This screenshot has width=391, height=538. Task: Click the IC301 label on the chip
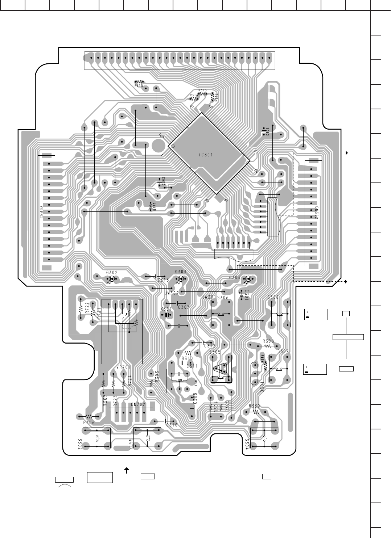tap(206, 155)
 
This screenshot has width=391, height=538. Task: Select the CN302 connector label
tap(316, 213)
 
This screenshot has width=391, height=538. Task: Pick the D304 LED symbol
tap(248, 279)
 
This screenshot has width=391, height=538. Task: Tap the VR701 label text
tap(123, 367)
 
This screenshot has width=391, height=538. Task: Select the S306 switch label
tap(223, 297)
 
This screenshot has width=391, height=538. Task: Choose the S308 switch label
tap(273, 297)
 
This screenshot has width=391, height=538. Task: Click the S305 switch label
tap(215, 352)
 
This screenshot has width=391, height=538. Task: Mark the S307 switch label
tap(283, 351)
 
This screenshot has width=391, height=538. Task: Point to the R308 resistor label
tap(268, 341)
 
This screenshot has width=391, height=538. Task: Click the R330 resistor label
tap(254, 406)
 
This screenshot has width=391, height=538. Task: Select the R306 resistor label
tap(89, 423)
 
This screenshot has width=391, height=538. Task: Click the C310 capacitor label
tap(172, 425)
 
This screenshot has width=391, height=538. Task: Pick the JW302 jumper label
tap(172, 293)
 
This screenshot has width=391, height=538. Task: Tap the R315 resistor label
tap(138, 86)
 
